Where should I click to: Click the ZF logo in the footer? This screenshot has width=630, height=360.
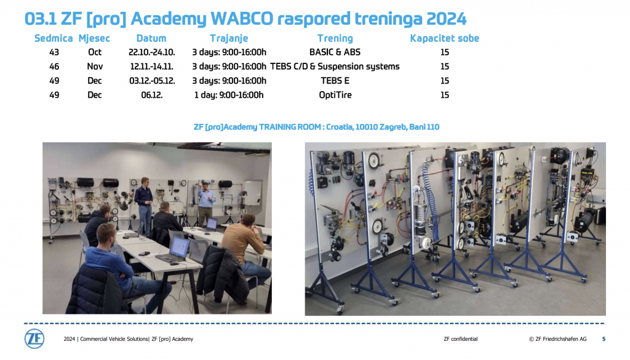34,338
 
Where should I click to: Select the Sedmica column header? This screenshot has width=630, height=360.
54,38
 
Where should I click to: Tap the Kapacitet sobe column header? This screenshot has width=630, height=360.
444,38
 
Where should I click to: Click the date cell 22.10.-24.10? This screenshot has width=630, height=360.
152,52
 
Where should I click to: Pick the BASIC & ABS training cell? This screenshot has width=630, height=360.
335,52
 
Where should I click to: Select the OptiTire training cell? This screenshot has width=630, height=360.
335,95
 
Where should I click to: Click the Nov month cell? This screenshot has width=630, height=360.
95,66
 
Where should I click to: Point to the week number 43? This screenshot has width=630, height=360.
54,52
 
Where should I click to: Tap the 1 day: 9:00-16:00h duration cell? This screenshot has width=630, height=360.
229,95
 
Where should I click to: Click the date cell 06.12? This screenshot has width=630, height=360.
152,95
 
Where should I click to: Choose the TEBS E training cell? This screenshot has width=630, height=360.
335,81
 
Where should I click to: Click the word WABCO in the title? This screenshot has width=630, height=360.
242,18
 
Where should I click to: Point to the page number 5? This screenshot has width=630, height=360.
604,339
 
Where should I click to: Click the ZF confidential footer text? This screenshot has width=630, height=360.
460,339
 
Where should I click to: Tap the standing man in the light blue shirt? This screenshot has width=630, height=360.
205,203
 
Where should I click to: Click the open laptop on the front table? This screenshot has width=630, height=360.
175,251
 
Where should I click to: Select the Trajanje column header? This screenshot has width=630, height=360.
229,39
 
